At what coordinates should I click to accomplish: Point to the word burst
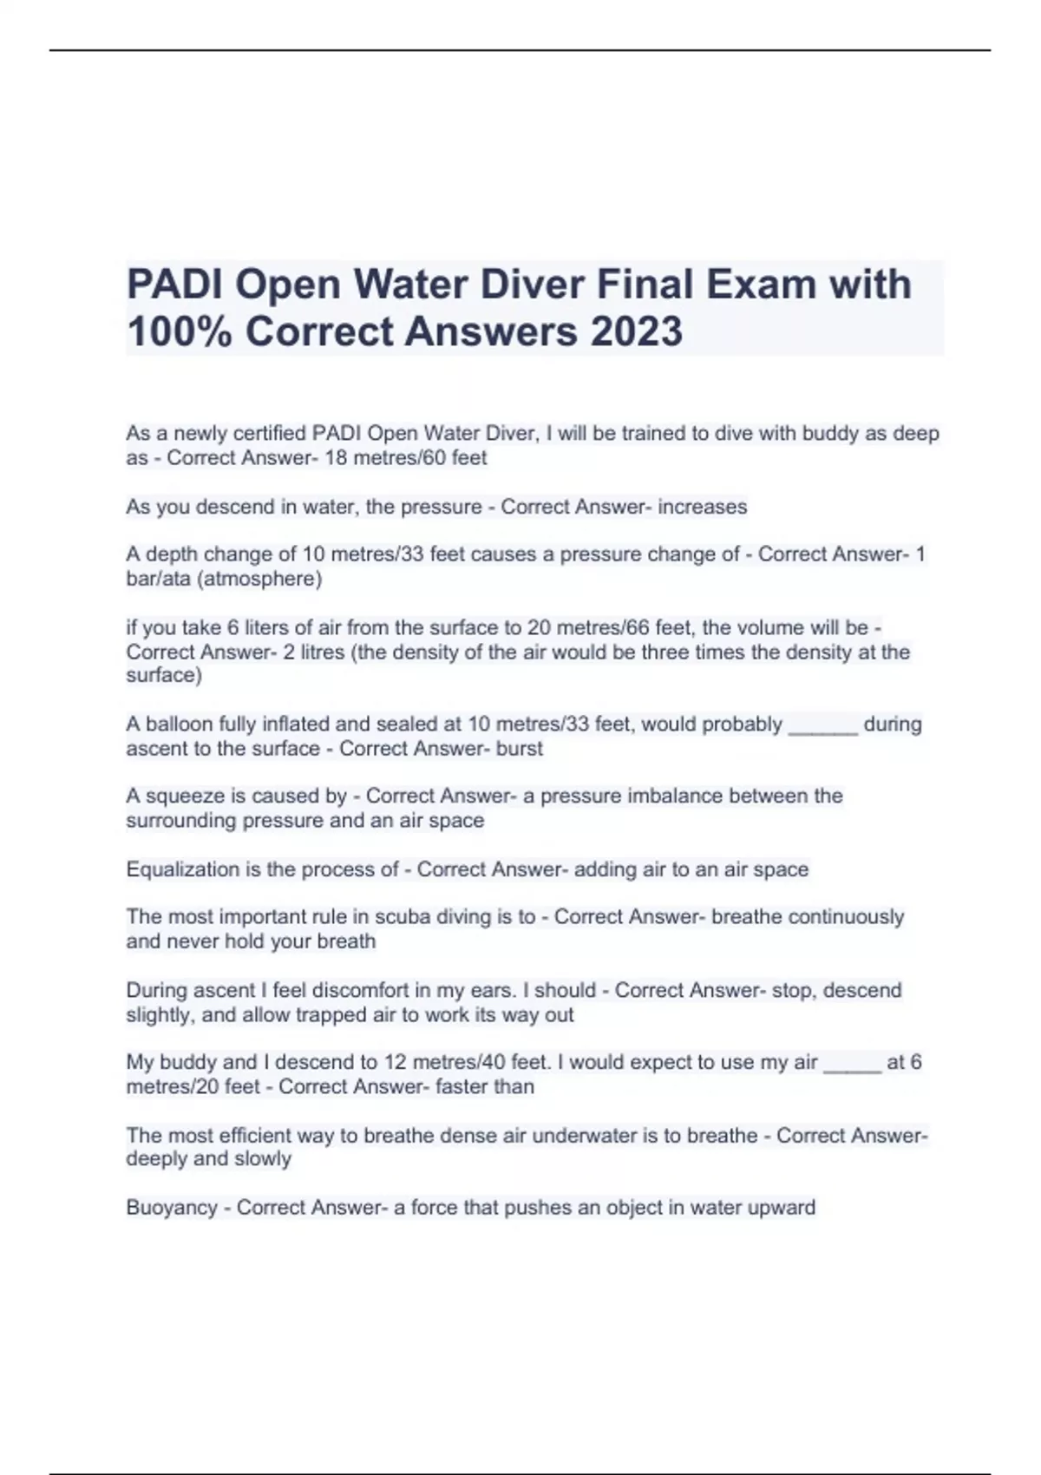pyautogui.click(x=519, y=749)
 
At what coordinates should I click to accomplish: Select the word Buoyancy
pyautogui.click(x=172, y=1208)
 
